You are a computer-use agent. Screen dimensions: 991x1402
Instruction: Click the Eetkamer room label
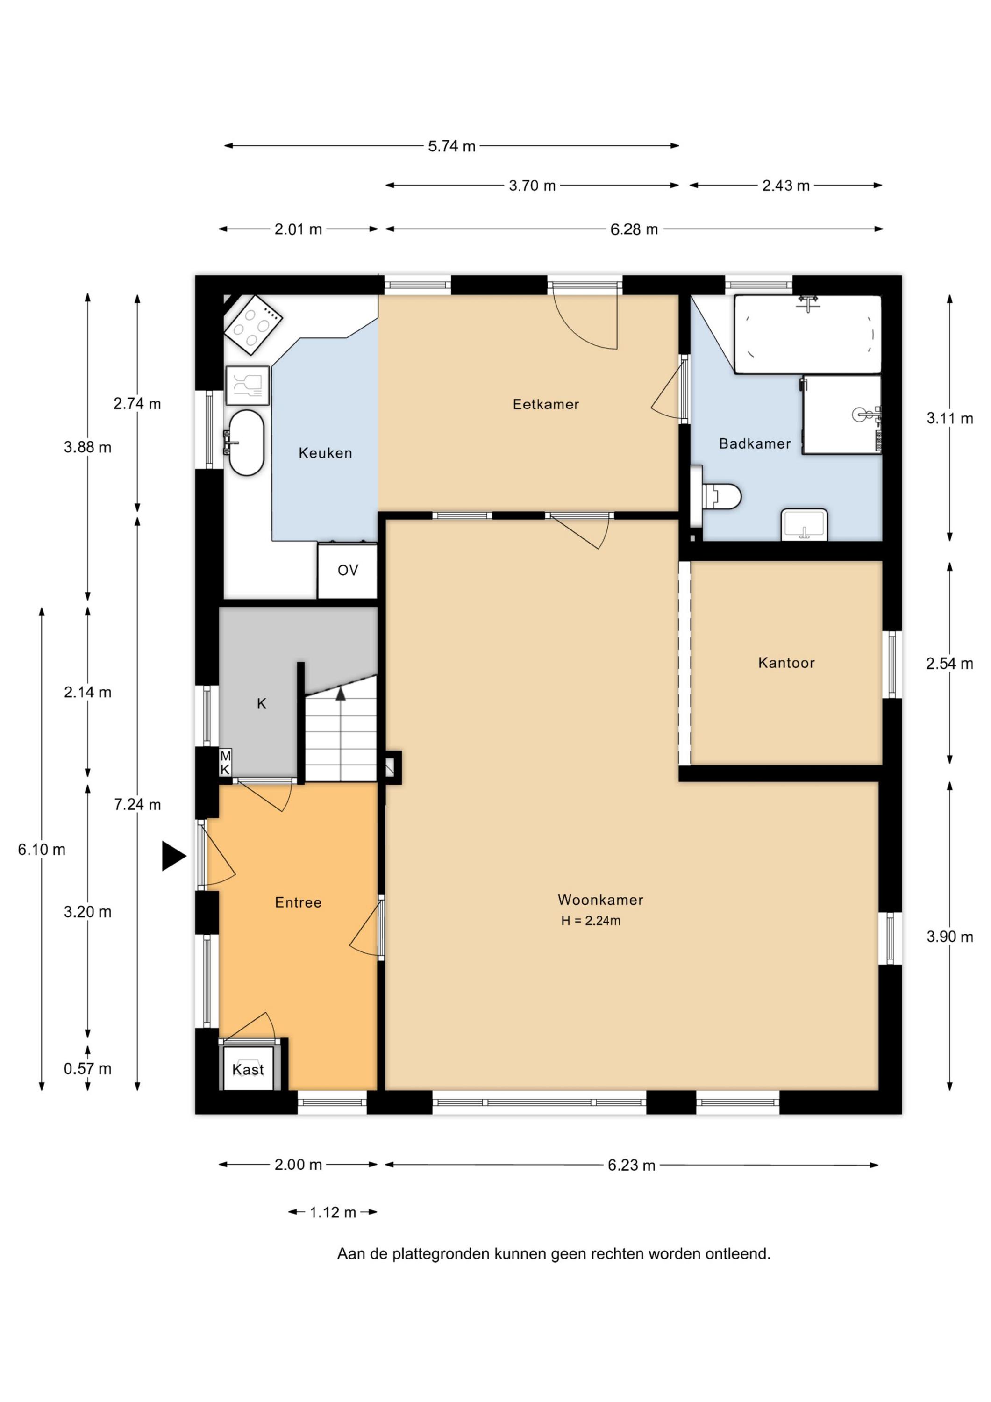click(545, 404)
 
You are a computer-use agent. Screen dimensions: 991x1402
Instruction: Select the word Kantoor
click(786, 663)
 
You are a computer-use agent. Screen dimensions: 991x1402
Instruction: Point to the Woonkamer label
click(600, 900)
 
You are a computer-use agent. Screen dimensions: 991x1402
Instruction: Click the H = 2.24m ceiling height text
click(591, 921)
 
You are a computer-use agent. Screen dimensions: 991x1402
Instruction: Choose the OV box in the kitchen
click(348, 570)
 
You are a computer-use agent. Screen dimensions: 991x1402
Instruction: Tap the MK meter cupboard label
click(225, 763)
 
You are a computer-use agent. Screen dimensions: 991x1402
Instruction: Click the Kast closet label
click(248, 1070)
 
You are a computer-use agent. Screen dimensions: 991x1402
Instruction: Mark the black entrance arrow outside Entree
click(174, 856)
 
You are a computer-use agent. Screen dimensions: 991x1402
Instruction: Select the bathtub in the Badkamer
click(807, 334)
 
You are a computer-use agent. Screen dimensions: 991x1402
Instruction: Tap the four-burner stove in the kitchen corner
click(253, 324)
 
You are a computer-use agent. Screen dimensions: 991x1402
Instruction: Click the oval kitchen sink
click(246, 443)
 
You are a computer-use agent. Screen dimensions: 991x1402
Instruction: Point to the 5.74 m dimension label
click(451, 147)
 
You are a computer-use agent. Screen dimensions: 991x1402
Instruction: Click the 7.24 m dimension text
click(137, 805)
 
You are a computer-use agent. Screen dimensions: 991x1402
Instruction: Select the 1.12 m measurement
click(333, 1213)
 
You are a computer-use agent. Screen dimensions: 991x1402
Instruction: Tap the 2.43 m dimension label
click(786, 186)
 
